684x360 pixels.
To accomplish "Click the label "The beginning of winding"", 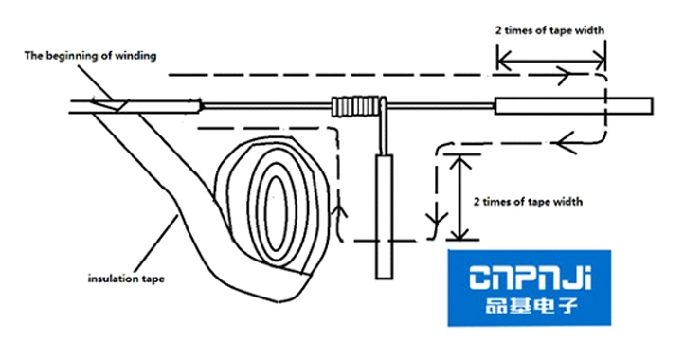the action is click(x=90, y=55).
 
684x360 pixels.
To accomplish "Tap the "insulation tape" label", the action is click(x=127, y=279).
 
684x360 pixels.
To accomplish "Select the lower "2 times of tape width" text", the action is click(x=527, y=200).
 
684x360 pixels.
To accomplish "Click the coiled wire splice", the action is click(x=359, y=105).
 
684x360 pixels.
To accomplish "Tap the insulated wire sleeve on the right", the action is click(x=576, y=104).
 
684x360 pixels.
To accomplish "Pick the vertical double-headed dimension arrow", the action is click(x=461, y=196).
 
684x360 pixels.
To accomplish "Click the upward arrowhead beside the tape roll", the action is click(x=338, y=202).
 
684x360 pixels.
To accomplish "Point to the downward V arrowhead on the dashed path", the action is click(x=435, y=226).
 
